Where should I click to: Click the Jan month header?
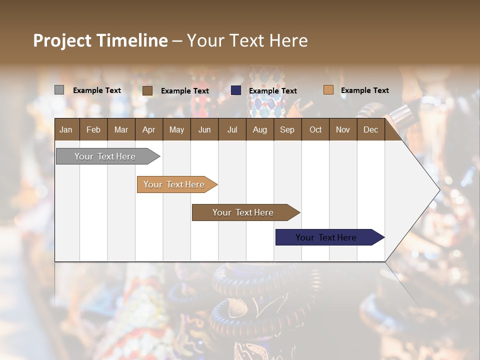point(66,129)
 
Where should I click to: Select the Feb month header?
point(93,129)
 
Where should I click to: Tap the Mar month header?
point(121,129)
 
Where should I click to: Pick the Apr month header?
point(148,129)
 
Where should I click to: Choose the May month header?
point(176,129)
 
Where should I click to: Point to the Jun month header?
point(204,129)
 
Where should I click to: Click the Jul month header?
point(232,129)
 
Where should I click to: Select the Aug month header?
point(259,129)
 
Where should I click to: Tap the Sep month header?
point(287,129)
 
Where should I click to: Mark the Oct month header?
point(315,129)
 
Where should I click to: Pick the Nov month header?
point(343,129)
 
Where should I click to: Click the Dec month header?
point(370,129)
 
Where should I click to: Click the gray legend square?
point(59,90)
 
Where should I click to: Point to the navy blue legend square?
point(236,90)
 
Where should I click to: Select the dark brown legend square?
point(147,90)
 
